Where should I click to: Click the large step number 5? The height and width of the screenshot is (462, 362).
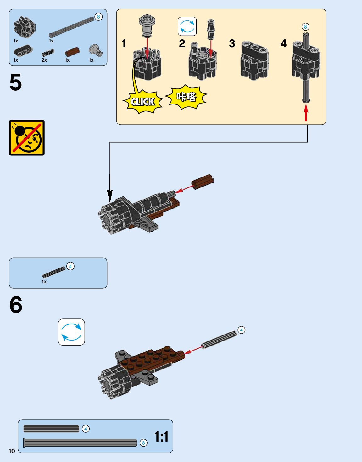point(16,82)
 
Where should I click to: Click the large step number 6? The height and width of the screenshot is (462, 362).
point(16,305)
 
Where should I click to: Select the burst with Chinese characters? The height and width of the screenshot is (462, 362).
point(187,97)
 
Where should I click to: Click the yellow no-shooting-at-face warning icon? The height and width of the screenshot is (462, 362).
point(27,138)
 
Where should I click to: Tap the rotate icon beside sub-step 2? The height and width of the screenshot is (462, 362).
point(187,26)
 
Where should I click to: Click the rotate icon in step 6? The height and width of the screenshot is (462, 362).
point(71,332)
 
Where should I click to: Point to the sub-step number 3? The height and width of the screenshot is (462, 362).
point(232,43)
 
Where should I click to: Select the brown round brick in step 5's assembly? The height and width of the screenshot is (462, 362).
point(203,182)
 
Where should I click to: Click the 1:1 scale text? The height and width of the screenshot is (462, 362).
point(161,437)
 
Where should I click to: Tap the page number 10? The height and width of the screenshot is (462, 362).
point(12,451)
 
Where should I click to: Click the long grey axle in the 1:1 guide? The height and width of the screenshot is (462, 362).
point(80,442)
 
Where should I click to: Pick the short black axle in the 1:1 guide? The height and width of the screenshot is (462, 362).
point(51,429)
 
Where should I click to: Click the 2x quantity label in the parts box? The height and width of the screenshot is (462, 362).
point(44,60)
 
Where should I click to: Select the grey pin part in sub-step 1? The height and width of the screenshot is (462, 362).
point(147,25)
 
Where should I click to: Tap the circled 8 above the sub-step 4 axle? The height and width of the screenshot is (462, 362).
point(305,27)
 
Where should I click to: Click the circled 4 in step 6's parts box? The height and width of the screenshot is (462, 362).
point(70,266)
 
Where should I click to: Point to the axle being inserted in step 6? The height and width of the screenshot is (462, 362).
point(220,340)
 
